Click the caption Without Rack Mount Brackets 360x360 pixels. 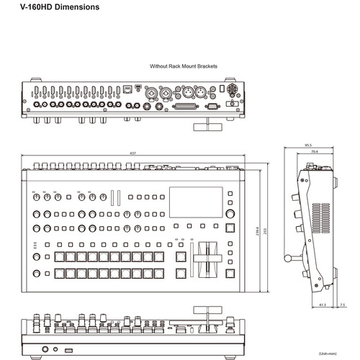coord(183,66)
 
